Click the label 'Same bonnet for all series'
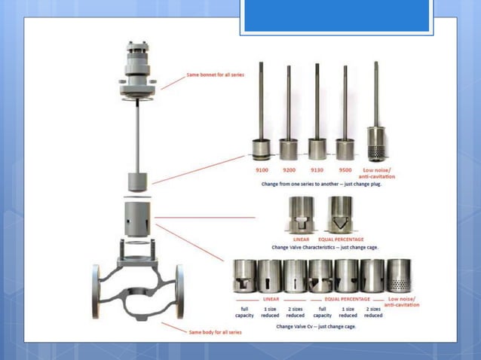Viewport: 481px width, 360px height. coord(216,75)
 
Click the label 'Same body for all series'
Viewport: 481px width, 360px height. coord(214,330)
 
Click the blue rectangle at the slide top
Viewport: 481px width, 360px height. coord(336,16)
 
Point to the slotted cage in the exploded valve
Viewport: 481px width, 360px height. coord(136,218)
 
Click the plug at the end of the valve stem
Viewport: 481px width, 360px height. coord(136,182)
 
